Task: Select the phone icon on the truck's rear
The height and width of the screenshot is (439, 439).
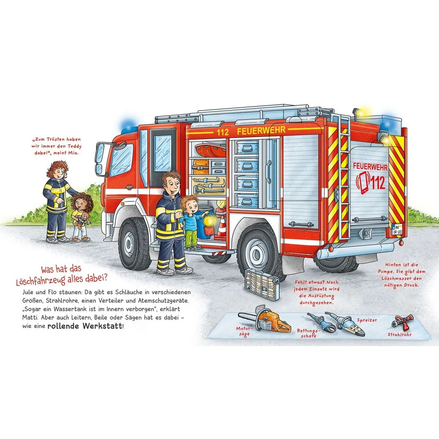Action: [x=364, y=182]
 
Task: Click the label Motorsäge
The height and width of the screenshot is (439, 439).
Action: [x=244, y=331]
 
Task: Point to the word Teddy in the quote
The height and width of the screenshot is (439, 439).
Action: [x=73, y=147]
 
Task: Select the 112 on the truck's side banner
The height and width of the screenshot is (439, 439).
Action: [x=222, y=132]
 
